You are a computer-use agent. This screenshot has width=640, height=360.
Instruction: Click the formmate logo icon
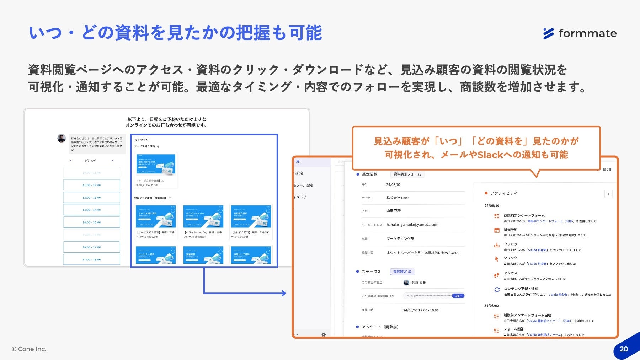549,33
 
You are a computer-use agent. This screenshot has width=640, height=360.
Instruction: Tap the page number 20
624,349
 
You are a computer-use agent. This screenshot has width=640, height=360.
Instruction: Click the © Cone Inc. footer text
29,349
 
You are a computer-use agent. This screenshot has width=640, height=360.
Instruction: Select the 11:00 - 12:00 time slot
91,185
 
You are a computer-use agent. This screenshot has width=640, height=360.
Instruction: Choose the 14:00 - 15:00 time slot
91,222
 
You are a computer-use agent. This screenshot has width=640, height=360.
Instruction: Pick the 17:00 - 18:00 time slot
91,259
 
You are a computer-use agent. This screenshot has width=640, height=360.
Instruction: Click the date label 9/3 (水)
91,161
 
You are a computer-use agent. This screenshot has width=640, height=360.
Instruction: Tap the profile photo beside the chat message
62,138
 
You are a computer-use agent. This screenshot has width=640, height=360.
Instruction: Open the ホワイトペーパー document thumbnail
203,216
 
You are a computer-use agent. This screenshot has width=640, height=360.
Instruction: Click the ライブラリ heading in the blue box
142,140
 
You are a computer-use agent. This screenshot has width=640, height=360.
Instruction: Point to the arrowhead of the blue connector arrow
284,293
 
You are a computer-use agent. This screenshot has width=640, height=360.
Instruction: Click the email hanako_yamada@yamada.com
412,225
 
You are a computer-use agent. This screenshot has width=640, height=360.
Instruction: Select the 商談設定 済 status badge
402,272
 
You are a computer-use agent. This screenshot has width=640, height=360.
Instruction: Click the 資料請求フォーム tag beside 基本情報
407,174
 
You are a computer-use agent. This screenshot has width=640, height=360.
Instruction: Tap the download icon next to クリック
497,245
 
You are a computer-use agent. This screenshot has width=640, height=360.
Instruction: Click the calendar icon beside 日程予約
497,230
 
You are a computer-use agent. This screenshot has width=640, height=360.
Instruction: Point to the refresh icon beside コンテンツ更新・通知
497,290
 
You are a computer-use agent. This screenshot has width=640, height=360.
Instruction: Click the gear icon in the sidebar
324,334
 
